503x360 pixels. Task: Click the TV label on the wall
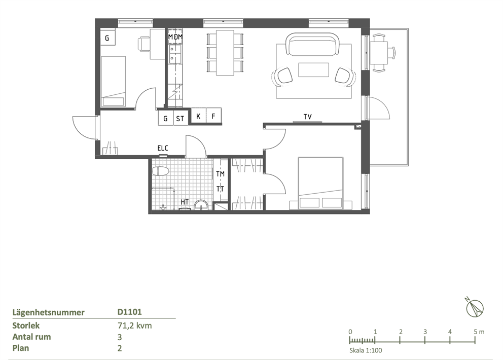[307, 117]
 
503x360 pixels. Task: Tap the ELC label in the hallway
[163, 148]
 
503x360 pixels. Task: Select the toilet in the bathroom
[160, 171]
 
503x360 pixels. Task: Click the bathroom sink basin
[201, 205]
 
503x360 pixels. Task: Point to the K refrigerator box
[198, 116]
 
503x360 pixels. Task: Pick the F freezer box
[213, 116]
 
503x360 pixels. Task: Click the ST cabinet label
[180, 119]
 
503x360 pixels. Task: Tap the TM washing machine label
[221, 174]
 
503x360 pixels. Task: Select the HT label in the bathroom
[185, 202]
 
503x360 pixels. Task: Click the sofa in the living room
[313, 44]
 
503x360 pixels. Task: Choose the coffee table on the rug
[313, 70]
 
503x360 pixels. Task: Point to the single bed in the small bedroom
[113, 82]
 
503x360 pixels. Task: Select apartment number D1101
[130, 312]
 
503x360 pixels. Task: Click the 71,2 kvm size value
[134, 326]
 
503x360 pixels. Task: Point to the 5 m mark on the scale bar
[479, 332]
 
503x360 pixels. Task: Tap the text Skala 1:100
[366, 350]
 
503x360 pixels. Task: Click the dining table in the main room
[225, 53]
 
